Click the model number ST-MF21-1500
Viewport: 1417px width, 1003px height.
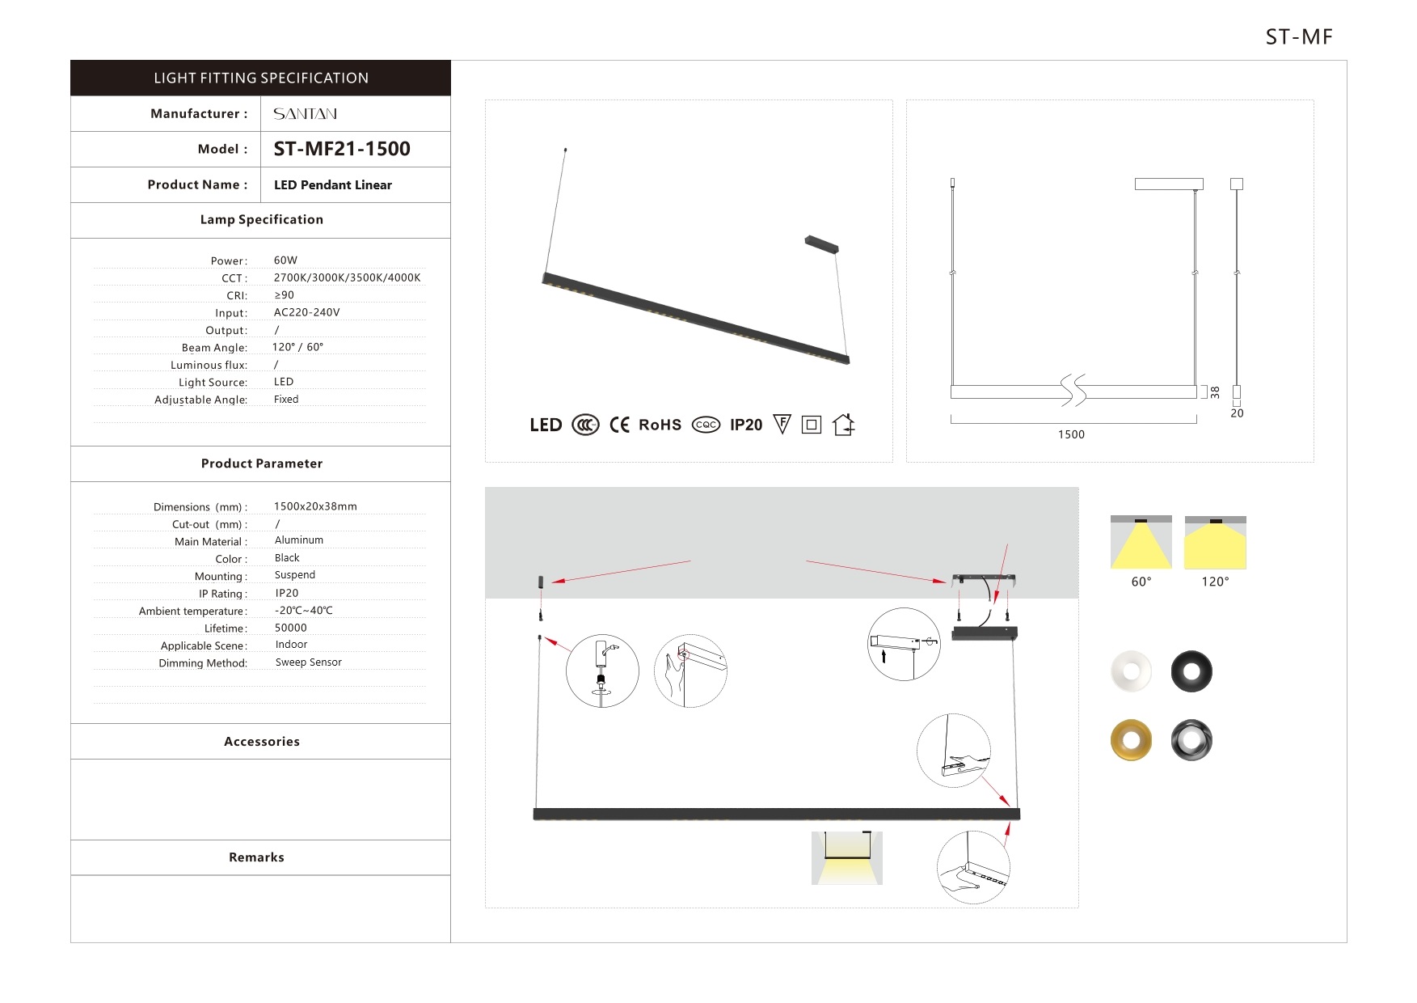point(341,149)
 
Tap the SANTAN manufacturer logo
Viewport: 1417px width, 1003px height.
point(305,114)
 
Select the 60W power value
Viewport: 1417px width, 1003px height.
point(285,260)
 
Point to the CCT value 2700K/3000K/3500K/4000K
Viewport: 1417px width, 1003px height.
point(347,277)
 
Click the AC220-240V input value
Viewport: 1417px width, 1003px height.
point(306,312)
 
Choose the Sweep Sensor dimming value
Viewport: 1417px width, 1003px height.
point(308,662)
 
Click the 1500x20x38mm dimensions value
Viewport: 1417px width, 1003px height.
point(315,506)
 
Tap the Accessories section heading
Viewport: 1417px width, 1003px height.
point(261,742)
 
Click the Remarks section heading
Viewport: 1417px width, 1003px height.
point(256,857)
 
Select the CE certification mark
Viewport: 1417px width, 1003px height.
point(619,425)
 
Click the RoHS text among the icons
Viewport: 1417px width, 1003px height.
point(660,425)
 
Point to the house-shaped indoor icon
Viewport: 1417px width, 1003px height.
point(843,425)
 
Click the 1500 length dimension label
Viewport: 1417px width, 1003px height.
point(1071,434)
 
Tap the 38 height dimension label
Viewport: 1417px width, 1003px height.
point(1215,392)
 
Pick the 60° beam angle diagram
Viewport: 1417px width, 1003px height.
point(1141,543)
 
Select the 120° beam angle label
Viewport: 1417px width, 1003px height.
point(1215,582)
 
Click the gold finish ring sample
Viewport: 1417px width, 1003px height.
point(1131,740)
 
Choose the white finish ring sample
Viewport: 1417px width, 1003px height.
point(1131,671)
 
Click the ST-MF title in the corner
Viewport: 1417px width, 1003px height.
point(1298,37)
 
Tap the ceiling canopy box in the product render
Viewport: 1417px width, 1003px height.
point(821,243)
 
